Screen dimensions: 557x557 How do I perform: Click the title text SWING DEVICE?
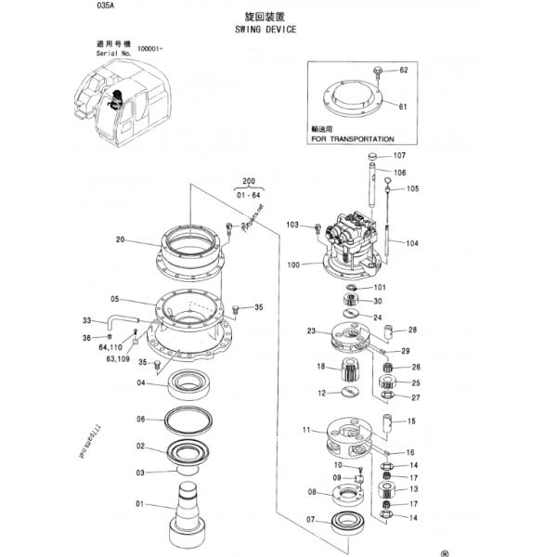tap(266, 30)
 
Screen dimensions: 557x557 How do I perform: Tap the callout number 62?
tap(404, 71)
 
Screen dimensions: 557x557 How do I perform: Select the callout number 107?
tap(400, 155)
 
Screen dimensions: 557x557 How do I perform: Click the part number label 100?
tap(293, 266)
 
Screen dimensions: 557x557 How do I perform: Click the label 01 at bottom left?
tap(140, 505)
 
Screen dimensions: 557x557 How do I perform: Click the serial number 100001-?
tap(150, 48)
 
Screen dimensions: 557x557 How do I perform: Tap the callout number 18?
tap(320, 368)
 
